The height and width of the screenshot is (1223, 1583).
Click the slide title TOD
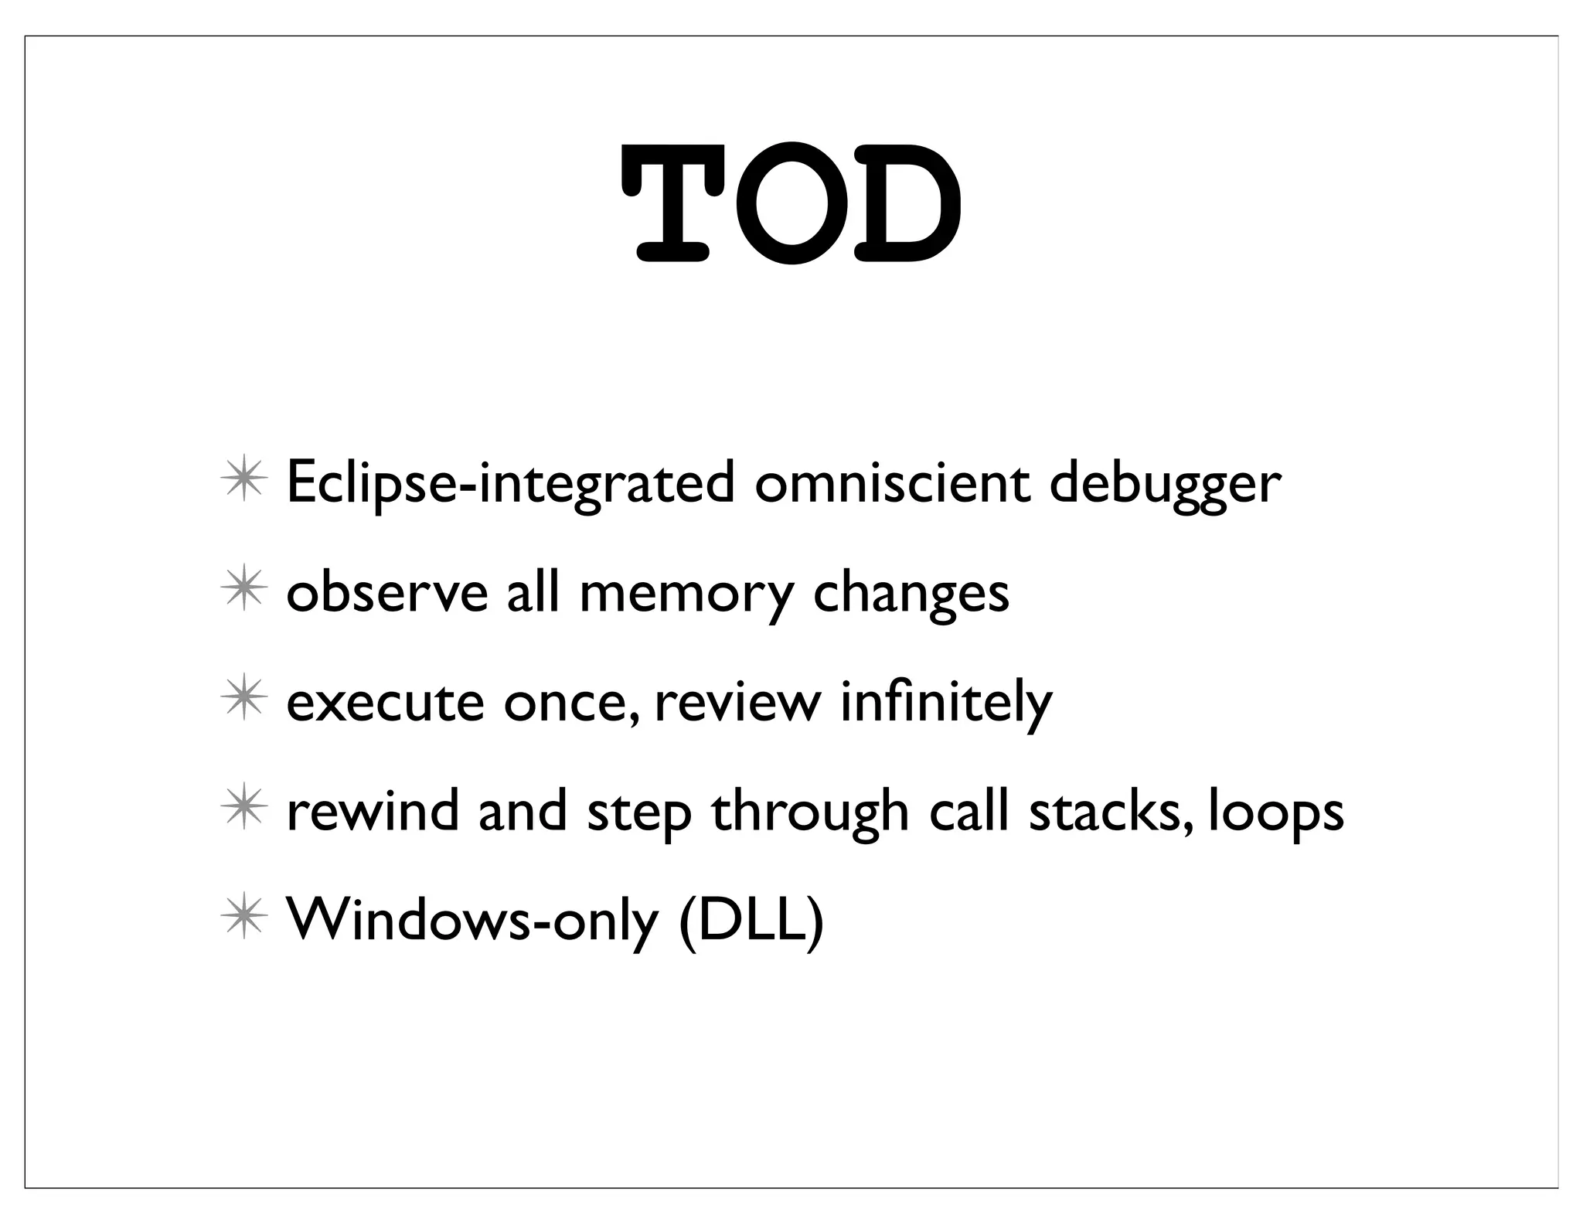point(791,203)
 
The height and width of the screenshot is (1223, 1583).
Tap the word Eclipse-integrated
point(510,483)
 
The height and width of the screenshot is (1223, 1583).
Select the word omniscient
point(892,483)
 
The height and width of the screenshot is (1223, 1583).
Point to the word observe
point(387,593)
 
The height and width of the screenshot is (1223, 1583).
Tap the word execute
point(385,703)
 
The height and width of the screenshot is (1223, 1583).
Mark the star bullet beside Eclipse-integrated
point(243,482)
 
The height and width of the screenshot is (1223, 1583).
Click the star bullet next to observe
point(243,591)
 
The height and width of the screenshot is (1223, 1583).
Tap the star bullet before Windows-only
point(243,919)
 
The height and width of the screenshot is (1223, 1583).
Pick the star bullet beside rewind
point(243,810)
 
